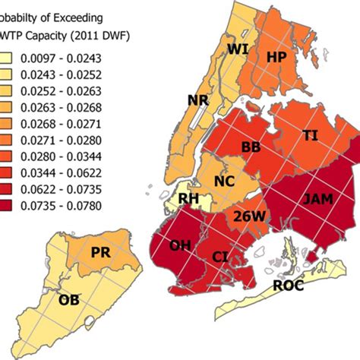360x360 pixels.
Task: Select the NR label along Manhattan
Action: pyautogui.click(x=199, y=100)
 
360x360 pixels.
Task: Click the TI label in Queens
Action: pyautogui.click(x=311, y=134)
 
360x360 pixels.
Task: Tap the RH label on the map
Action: pyautogui.click(x=188, y=200)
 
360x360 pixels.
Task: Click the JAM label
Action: pyautogui.click(x=317, y=200)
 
